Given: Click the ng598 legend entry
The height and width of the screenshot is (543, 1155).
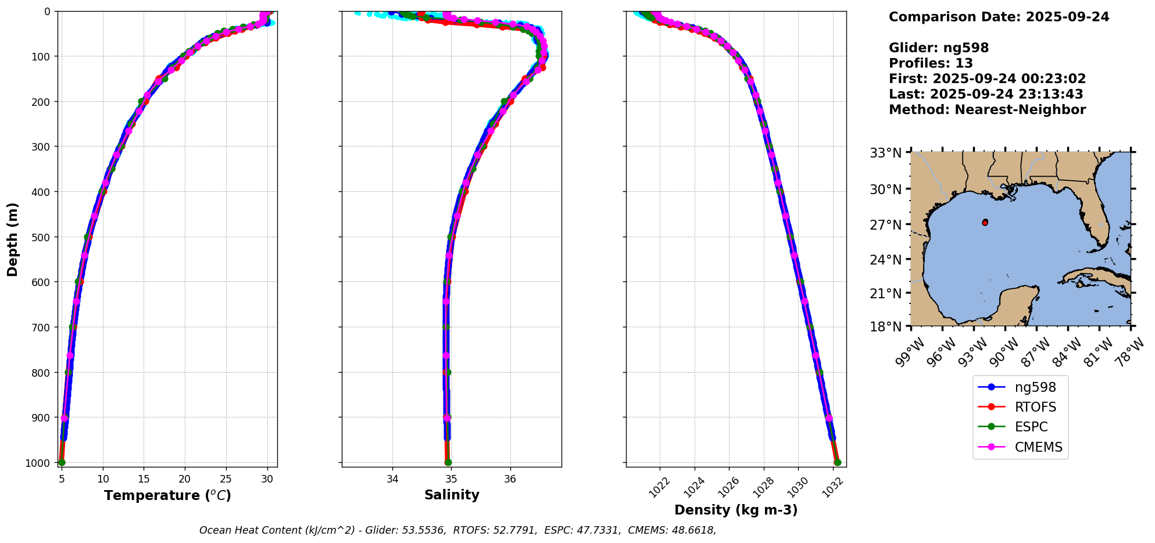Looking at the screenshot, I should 1035,387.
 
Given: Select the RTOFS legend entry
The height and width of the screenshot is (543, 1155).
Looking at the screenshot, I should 1035,407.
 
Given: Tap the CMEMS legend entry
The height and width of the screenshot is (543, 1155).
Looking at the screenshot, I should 1038,447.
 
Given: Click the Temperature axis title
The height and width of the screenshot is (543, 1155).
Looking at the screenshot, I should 167,495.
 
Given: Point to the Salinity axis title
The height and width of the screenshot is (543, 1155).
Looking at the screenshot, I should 452,495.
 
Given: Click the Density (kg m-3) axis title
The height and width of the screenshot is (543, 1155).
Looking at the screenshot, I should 736,510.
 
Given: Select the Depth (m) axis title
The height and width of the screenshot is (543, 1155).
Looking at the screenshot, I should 13,239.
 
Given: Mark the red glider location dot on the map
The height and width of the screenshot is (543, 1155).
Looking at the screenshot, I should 985,223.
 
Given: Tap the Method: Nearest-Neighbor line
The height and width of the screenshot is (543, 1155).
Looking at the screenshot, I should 987,110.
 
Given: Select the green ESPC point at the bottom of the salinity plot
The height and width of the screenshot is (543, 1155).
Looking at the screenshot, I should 448,462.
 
